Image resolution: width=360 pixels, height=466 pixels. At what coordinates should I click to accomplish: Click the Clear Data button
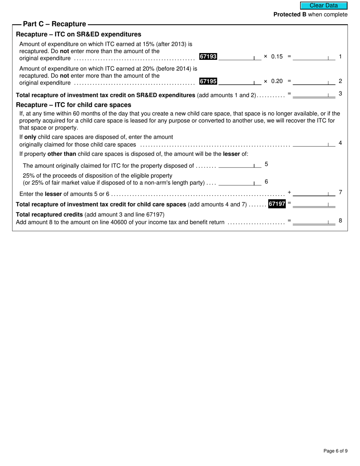click(324, 6)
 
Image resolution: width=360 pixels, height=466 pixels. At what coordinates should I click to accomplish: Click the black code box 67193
click(208, 56)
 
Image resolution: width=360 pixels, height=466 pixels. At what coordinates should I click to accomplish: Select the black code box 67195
click(208, 81)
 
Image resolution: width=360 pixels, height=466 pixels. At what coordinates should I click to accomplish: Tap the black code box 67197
click(277, 204)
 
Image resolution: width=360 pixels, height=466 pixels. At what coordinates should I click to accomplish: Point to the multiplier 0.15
click(277, 56)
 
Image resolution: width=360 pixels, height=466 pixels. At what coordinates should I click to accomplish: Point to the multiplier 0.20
click(277, 81)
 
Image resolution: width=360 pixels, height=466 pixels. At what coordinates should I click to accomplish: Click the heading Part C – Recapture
click(55, 24)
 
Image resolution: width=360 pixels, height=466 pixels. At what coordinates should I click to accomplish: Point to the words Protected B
click(290, 14)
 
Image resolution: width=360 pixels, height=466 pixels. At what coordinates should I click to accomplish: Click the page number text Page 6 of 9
click(335, 451)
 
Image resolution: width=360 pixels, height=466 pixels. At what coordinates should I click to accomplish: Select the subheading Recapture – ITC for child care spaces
click(74, 105)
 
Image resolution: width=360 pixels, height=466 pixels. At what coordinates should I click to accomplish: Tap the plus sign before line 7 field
click(289, 192)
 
